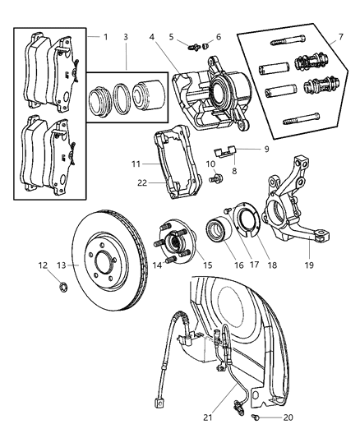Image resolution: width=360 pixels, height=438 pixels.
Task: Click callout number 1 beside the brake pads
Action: click(x=105, y=37)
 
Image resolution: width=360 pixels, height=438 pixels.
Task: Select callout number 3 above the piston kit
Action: click(x=125, y=38)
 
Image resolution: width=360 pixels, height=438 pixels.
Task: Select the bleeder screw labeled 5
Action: click(x=194, y=46)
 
